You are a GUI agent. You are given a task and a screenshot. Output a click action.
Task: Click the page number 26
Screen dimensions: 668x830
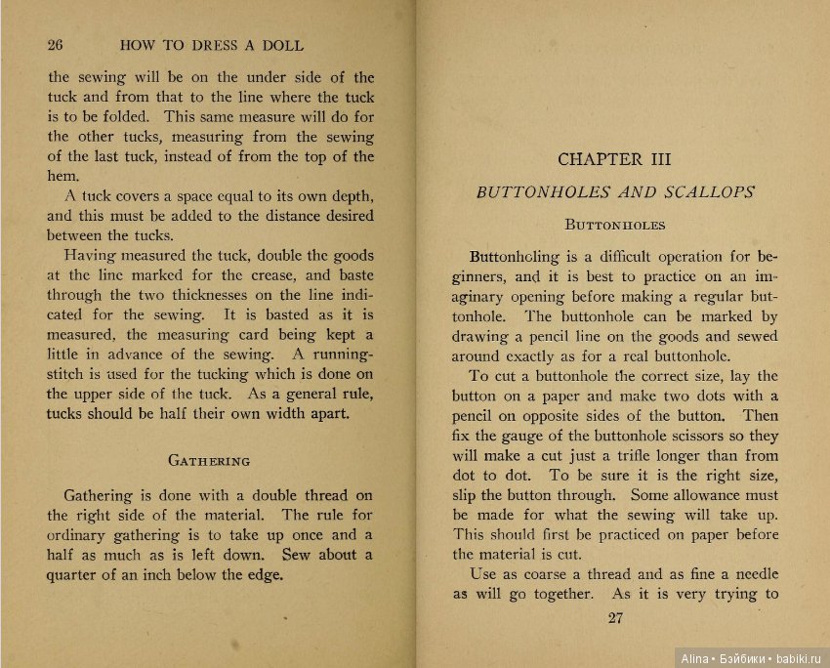55,45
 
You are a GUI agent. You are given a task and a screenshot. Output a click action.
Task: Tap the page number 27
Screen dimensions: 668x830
615,616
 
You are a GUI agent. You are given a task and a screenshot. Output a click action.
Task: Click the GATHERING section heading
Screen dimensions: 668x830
209,460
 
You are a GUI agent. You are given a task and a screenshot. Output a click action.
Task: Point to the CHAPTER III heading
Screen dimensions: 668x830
614,159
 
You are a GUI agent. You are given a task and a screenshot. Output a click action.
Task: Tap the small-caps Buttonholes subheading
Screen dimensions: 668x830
615,225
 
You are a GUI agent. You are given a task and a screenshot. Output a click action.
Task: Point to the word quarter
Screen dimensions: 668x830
77,575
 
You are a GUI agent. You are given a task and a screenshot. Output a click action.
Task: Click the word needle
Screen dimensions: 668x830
751,574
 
